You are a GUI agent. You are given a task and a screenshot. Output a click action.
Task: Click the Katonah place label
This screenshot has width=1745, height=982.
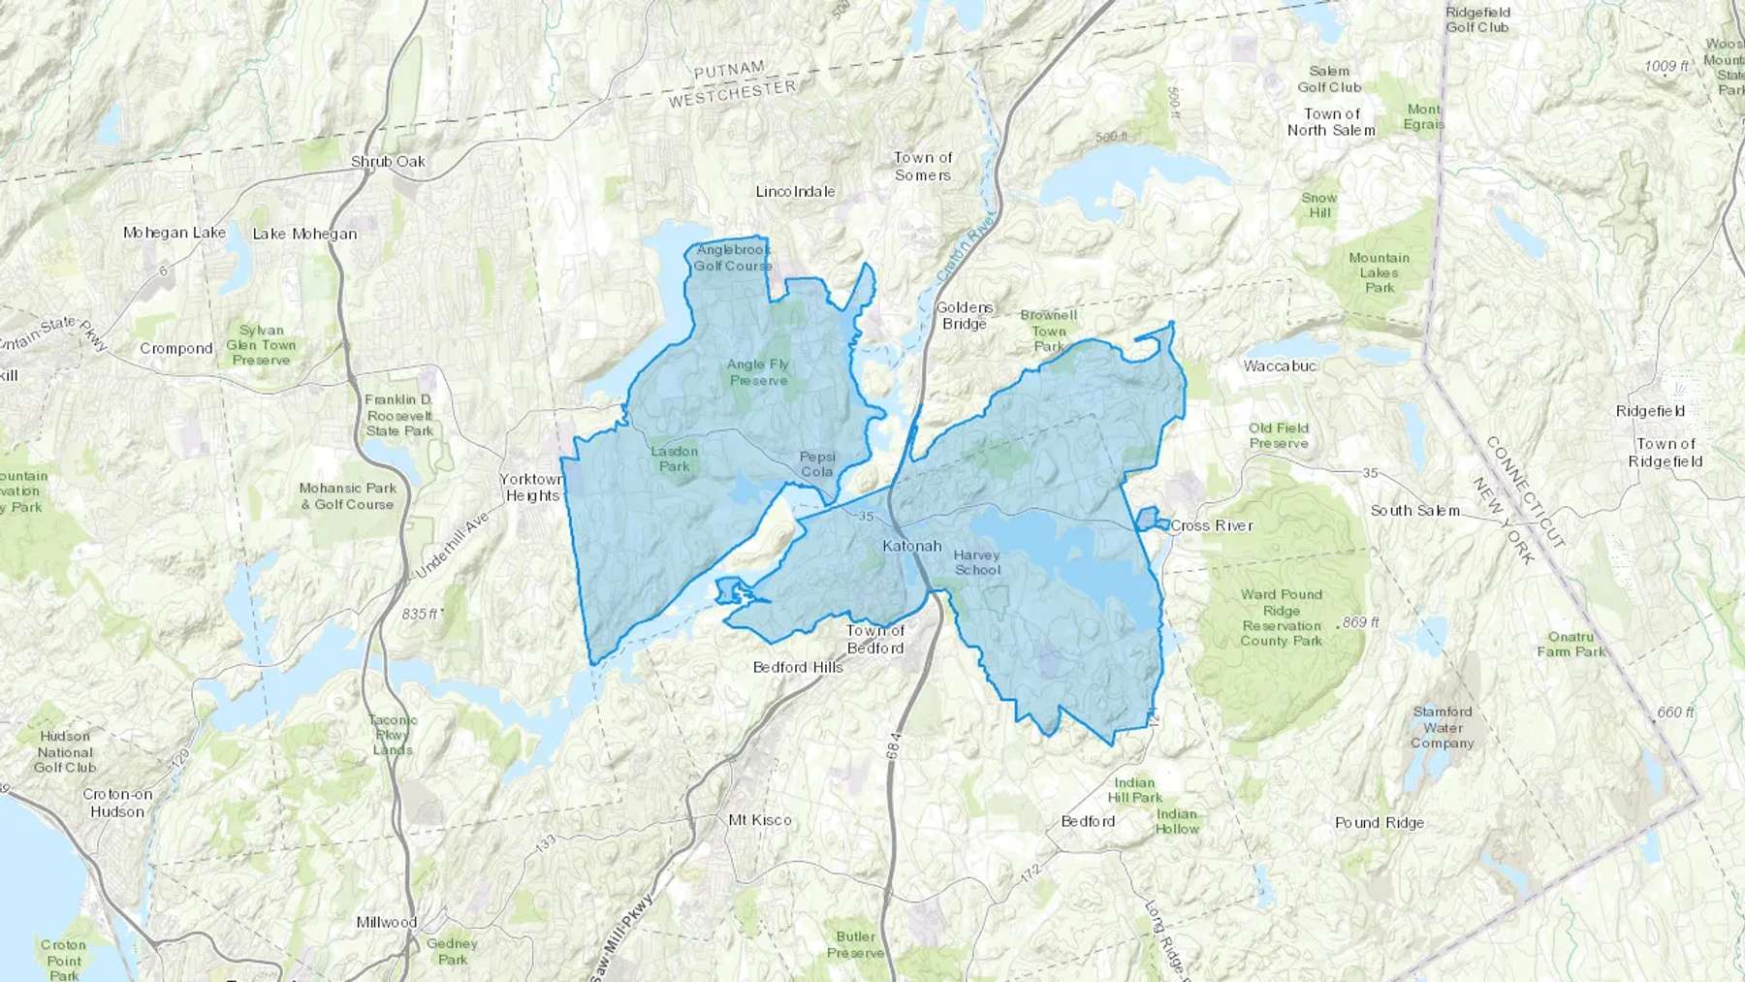click(911, 546)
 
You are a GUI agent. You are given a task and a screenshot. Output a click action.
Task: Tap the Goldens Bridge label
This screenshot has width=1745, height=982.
click(965, 316)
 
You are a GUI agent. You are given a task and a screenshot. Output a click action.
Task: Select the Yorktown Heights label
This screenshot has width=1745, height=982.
click(531, 488)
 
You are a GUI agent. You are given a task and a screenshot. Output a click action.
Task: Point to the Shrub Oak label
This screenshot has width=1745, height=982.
click(388, 162)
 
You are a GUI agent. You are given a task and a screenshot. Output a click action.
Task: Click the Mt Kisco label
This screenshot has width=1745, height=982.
click(760, 820)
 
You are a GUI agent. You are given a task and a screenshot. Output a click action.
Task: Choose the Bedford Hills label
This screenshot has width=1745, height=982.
click(798, 667)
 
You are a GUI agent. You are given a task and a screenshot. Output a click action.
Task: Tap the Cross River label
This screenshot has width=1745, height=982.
click(1211, 525)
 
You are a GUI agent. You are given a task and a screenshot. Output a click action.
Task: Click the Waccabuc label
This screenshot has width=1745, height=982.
click(1280, 365)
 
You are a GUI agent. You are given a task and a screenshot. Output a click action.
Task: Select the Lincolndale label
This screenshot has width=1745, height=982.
click(795, 191)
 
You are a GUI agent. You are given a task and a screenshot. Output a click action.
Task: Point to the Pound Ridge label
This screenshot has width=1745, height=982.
click(1380, 823)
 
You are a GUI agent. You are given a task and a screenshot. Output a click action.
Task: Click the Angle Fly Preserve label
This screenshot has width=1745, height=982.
click(758, 372)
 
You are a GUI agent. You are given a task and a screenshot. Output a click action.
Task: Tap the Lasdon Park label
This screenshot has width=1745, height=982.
click(674, 459)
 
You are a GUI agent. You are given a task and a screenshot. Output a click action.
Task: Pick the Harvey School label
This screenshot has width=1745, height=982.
click(976, 562)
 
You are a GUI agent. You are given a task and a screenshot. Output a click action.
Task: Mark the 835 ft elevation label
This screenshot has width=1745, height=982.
click(420, 614)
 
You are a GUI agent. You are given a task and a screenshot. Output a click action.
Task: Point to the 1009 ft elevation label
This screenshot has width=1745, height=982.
click(1666, 66)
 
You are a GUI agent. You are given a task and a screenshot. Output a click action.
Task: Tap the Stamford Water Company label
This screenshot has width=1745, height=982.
click(1443, 727)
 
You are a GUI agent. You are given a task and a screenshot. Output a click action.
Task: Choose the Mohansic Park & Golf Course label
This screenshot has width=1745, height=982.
click(347, 496)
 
